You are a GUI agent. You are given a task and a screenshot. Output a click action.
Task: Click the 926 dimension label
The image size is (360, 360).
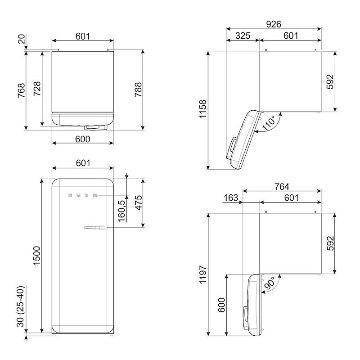[274, 24]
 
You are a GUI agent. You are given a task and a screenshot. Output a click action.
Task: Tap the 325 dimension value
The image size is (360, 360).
[243, 36]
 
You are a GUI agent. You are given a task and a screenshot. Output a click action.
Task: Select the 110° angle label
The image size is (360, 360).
[269, 123]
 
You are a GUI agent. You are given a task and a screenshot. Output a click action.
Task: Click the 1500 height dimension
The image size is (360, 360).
[36, 256]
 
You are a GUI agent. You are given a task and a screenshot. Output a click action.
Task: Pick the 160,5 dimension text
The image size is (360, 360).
[121, 211]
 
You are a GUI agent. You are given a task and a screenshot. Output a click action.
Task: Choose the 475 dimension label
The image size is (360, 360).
[139, 203]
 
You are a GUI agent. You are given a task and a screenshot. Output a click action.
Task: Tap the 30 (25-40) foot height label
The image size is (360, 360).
[21, 306]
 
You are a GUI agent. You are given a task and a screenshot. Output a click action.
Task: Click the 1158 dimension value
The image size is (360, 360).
[203, 109]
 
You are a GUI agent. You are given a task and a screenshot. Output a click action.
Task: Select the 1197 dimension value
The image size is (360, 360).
[203, 274]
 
